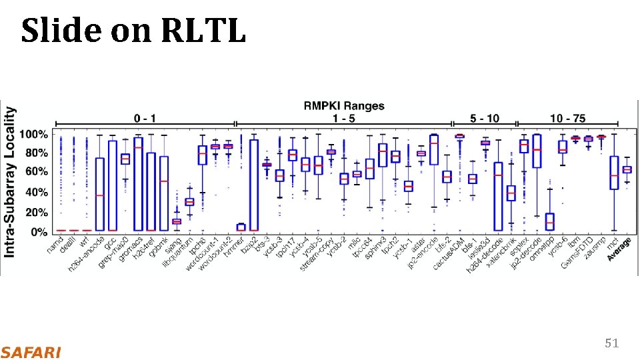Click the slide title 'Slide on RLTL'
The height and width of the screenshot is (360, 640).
133,31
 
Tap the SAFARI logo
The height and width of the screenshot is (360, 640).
31,352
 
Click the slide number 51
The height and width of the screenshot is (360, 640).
611,343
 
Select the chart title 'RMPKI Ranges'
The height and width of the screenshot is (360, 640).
344,105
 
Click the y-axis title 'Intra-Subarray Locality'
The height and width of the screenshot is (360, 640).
10,181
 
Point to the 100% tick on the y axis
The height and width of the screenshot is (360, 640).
33,135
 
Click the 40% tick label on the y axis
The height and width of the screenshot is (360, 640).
36,193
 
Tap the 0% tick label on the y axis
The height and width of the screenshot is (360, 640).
39,231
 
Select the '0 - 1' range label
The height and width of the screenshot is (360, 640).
145,118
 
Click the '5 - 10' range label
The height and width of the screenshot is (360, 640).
484,118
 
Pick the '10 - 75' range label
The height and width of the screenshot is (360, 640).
567,118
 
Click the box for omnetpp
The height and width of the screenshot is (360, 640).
549,221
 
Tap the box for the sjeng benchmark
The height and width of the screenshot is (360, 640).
177,221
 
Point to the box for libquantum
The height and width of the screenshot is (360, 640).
189,201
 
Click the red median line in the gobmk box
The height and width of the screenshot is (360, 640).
164,181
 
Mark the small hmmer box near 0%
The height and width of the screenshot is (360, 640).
241,227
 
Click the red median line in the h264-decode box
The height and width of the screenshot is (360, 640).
498,175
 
